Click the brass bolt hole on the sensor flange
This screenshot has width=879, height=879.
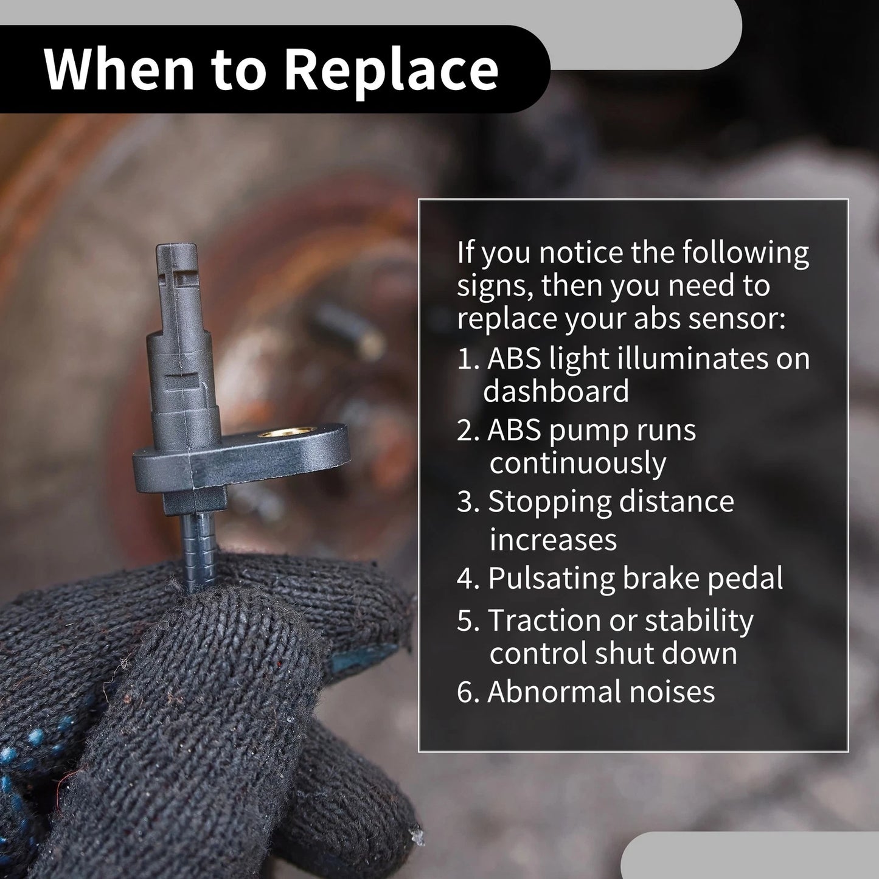[x=286, y=431]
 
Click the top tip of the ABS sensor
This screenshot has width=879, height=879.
[x=177, y=246]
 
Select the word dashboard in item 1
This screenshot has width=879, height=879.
[x=556, y=391]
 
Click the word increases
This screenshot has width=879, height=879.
[x=554, y=540]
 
